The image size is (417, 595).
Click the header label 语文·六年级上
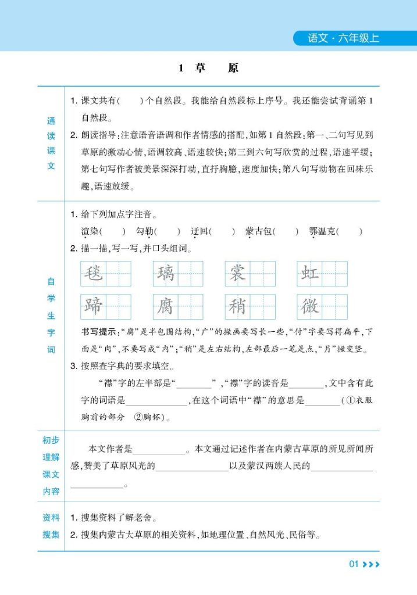(x=343, y=39)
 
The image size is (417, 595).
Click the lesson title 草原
(x=208, y=68)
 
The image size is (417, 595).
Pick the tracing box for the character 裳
(x=237, y=273)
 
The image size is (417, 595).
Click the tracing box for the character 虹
(x=309, y=273)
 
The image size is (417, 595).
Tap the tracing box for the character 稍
(x=237, y=307)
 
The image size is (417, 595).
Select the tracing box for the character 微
(x=309, y=307)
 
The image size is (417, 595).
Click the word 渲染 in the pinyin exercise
(x=90, y=231)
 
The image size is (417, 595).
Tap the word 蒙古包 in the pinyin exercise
(x=258, y=231)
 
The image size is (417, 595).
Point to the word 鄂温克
(x=322, y=231)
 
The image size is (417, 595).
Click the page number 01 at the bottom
(x=354, y=564)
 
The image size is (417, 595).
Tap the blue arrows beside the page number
(x=371, y=564)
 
